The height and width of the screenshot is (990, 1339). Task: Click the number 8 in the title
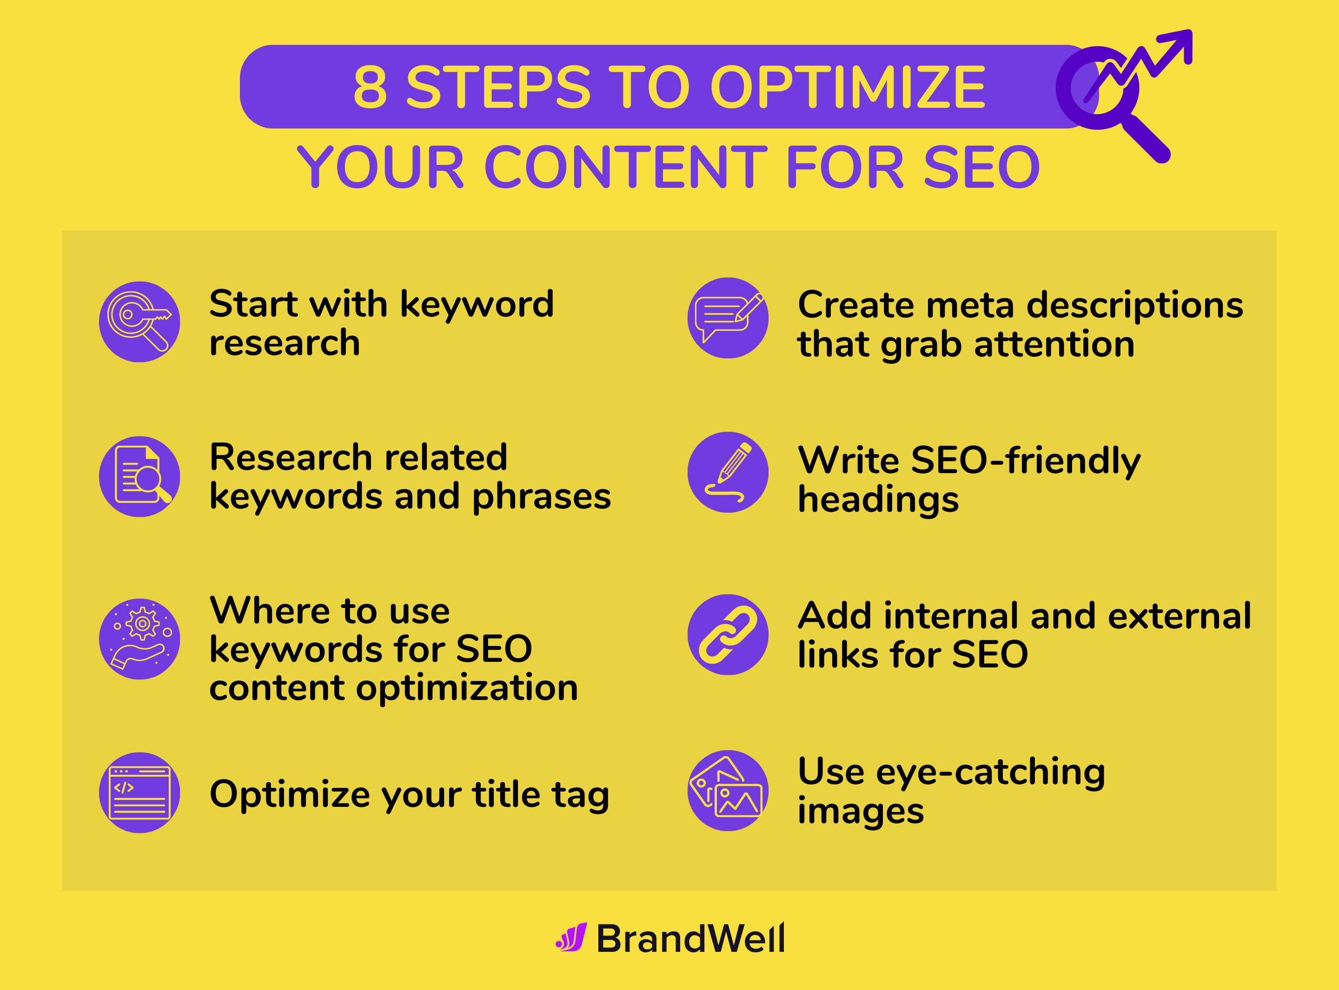click(370, 87)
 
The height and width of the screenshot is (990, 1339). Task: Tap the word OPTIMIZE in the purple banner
click(848, 87)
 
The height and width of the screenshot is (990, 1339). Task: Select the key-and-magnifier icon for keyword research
click(139, 322)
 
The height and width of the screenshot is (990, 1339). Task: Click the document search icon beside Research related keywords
click(139, 476)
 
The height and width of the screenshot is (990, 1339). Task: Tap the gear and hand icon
click(139, 639)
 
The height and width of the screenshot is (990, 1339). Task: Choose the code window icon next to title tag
click(139, 792)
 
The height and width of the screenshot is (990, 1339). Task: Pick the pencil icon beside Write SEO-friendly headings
click(728, 472)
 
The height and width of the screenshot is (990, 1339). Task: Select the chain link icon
click(728, 634)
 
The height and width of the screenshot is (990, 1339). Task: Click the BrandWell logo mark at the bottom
click(571, 937)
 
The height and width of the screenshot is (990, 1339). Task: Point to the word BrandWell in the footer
click(690, 938)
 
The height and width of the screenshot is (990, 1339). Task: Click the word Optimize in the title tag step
click(290, 795)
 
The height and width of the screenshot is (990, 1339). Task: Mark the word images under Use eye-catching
click(860, 811)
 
